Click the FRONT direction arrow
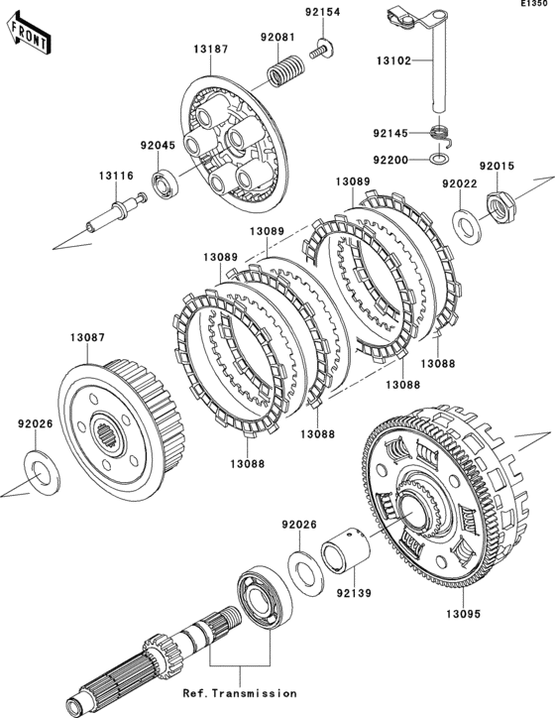29,33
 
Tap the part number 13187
210,49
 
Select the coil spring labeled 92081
284,70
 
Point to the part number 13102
393,60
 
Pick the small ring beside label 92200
440,159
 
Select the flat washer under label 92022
467,226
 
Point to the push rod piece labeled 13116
117,213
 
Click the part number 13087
88,337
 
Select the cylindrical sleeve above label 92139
346,550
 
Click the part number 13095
464,614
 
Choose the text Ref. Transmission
240,693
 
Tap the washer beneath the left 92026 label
42,473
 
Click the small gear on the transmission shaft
163,652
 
